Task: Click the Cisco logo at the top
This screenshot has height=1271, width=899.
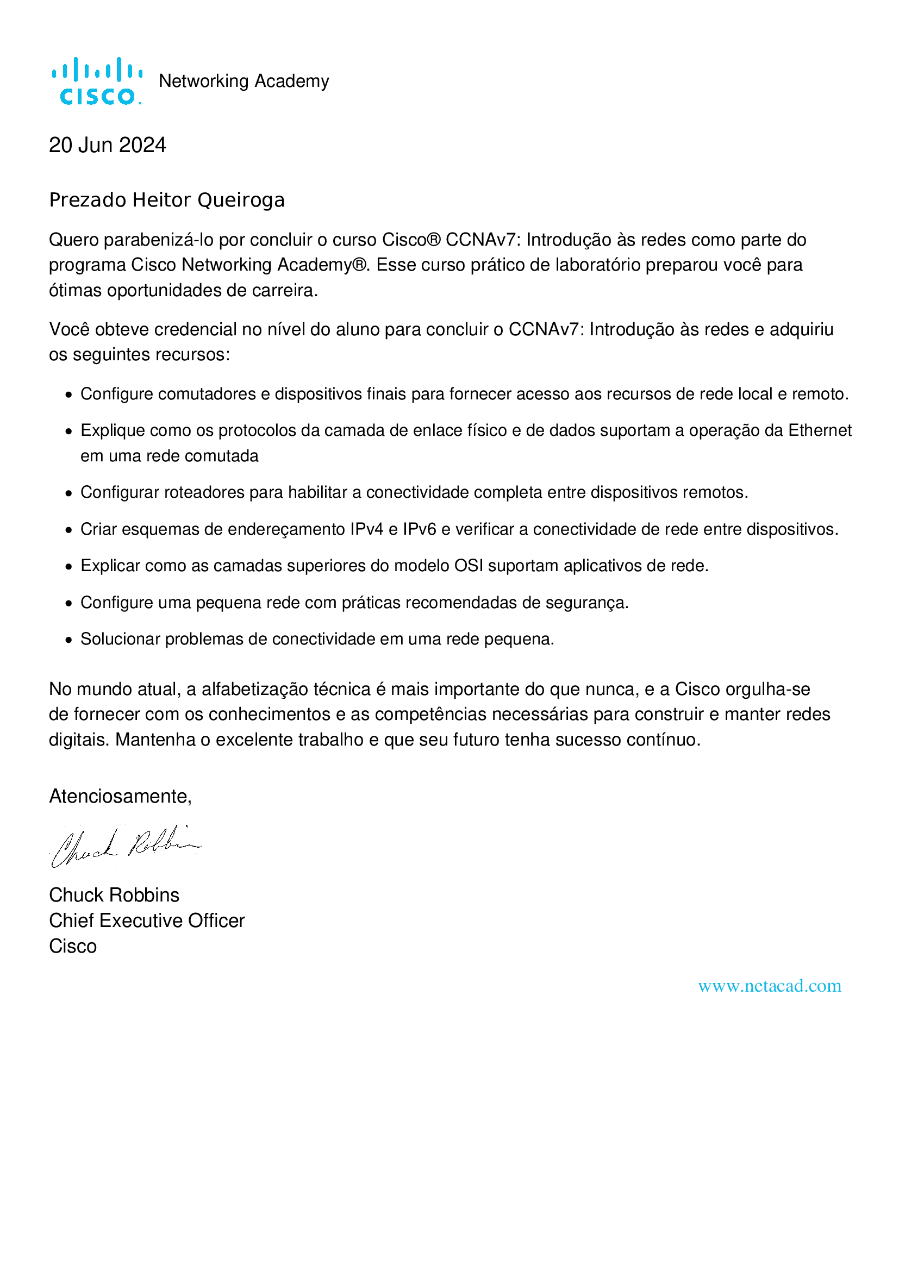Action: [x=97, y=81]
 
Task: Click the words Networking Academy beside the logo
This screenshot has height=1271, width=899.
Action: [x=244, y=82]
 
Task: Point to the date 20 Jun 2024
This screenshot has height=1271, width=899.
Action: [x=108, y=145]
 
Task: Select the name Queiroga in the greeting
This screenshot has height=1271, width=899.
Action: [x=241, y=200]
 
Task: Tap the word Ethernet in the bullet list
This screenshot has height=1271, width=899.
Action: [x=820, y=430]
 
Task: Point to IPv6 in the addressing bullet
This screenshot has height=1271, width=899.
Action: [x=419, y=529]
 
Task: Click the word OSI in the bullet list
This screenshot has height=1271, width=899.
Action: [x=469, y=566]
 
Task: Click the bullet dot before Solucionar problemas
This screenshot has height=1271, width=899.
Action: [x=68, y=640]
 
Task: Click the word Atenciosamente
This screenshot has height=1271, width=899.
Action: [x=120, y=796]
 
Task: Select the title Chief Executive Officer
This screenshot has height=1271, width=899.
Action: [x=147, y=921]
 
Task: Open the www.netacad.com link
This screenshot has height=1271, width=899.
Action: [x=770, y=986]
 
